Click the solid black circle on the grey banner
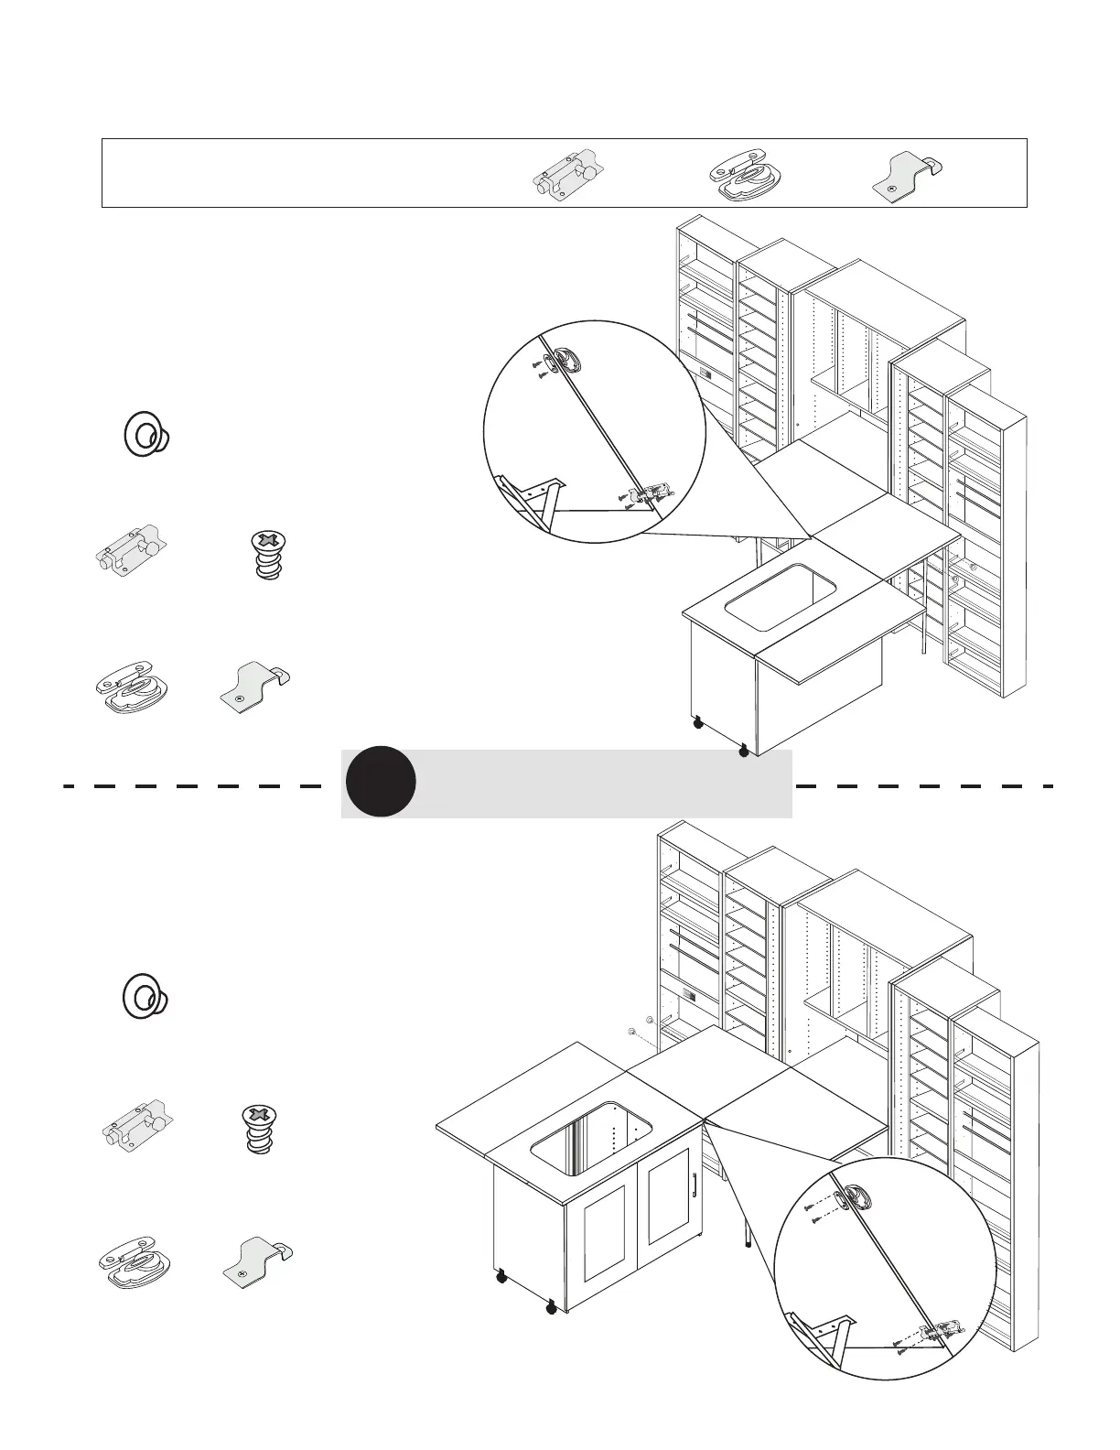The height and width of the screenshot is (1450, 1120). tap(381, 783)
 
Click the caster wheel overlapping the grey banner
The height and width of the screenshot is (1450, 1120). tap(742, 752)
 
